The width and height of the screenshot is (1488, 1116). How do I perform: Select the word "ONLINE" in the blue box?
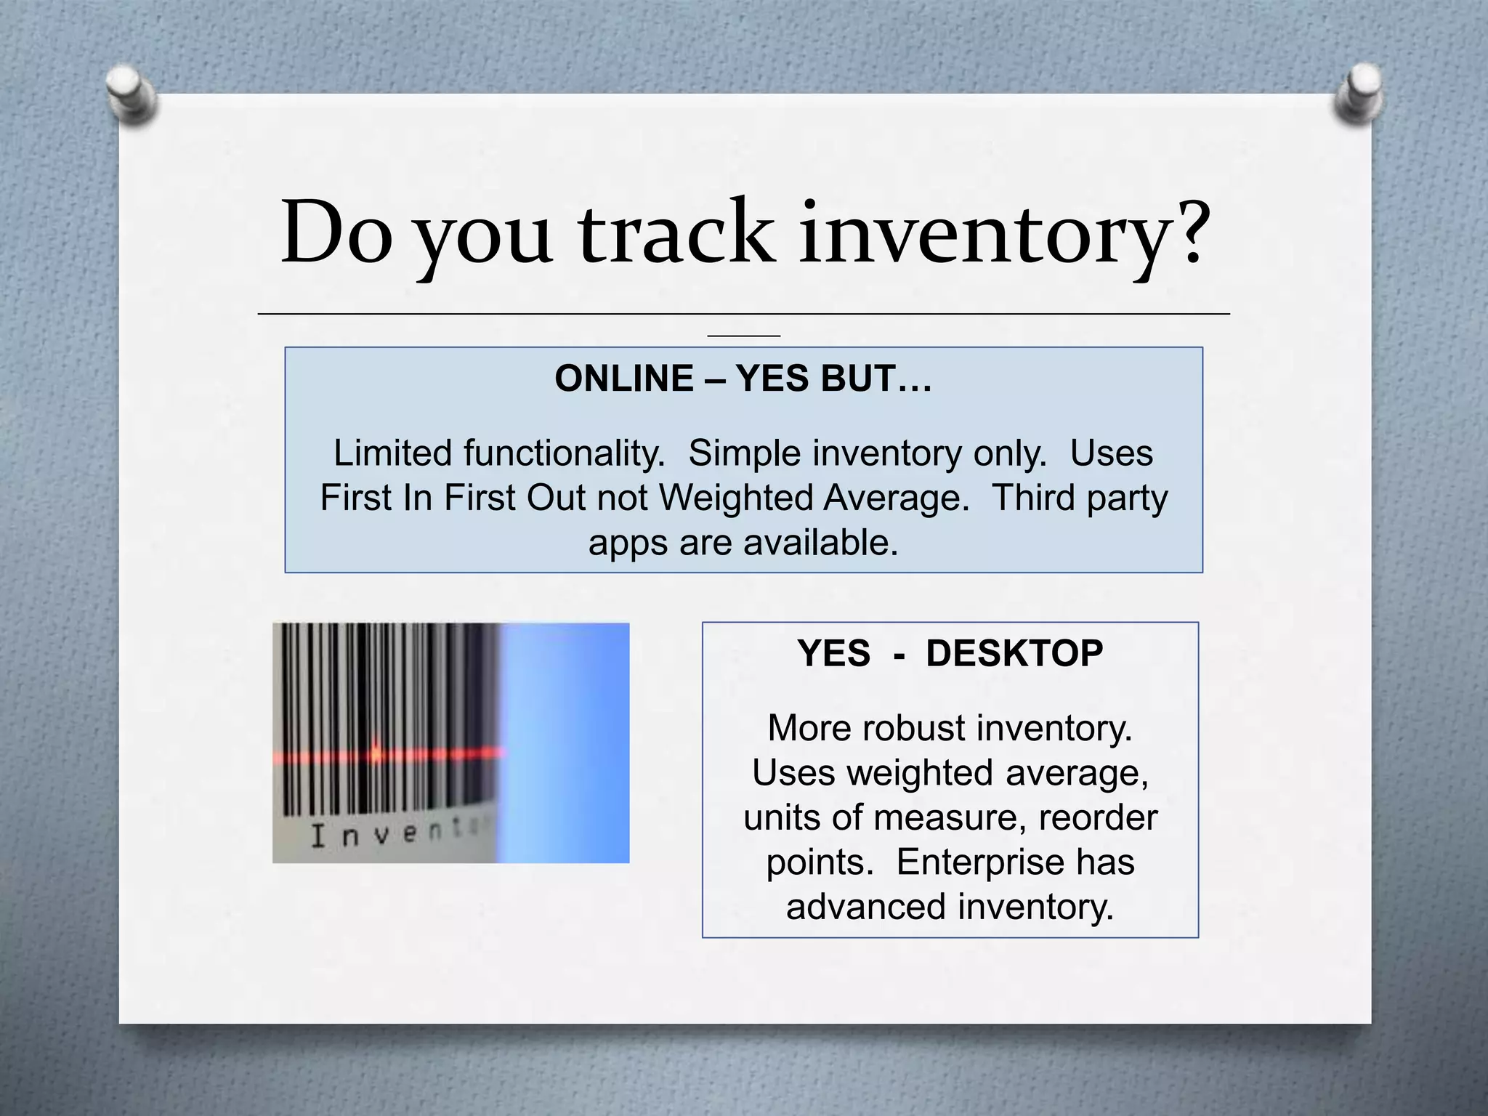(x=623, y=379)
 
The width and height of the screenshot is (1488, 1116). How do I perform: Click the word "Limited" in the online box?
(x=392, y=453)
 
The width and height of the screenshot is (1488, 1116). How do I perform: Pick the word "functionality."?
(x=565, y=453)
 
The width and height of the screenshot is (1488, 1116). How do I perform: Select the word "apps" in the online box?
(x=628, y=543)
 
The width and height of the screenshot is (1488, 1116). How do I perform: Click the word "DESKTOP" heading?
(x=1014, y=653)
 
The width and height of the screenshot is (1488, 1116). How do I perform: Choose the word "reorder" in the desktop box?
(x=1098, y=817)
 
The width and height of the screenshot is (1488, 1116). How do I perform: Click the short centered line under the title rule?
(x=743, y=336)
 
